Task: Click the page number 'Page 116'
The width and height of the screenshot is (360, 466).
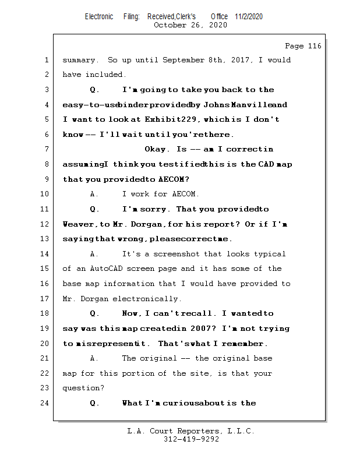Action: point(303,46)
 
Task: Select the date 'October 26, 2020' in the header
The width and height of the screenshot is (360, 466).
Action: point(190,25)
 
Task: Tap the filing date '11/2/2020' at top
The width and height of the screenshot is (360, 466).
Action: point(249,16)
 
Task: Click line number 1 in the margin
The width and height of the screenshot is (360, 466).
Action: point(46,60)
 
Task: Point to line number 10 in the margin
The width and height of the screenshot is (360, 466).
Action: point(44,195)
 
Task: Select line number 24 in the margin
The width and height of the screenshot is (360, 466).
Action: point(44,403)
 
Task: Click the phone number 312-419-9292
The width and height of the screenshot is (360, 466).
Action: point(191,440)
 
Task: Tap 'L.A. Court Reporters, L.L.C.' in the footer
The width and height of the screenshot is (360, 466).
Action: point(191,432)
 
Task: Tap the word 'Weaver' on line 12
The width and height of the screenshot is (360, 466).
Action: point(77,224)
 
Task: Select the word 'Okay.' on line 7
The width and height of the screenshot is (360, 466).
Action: point(158,150)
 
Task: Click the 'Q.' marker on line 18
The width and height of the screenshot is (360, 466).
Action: point(95,314)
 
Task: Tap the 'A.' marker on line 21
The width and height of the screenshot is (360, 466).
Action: point(95,359)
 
